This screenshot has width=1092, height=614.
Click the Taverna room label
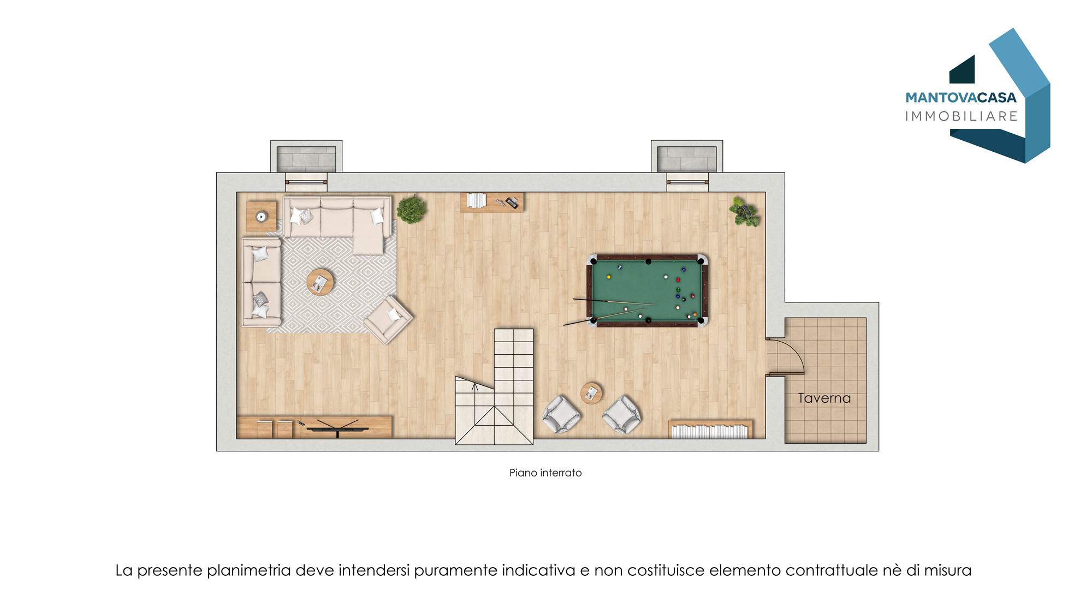(x=824, y=398)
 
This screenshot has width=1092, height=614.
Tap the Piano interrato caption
(x=545, y=473)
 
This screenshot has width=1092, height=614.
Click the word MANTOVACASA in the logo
(x=961, y=98)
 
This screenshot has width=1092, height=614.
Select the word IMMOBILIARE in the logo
(x=962, y=116)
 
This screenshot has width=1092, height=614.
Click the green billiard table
(x=647, y=290)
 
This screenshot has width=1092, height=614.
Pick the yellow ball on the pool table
(x=609, y=277)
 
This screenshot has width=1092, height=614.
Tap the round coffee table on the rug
(x=321, y=282)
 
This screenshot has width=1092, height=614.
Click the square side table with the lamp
(x=262, y=216)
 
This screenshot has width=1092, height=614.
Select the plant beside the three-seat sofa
(x=411, y=209)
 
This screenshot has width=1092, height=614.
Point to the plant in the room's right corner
(x=744, y=212)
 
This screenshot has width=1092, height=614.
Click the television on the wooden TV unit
(x=332, y=427)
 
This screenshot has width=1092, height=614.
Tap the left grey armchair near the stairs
(x=561, y=415)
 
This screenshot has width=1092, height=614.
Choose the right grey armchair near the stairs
(x=622, y=415)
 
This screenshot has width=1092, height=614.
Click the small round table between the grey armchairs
(x=591, y=392)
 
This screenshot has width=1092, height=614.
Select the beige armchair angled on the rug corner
(x=388, y=320)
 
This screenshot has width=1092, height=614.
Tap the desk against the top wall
(x=492, y=202)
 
